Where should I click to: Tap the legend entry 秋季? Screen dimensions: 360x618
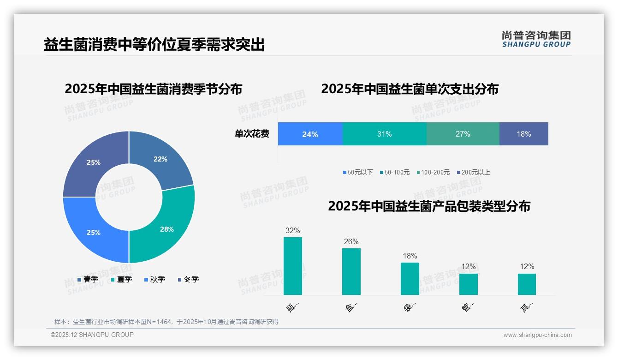tap(157, 279)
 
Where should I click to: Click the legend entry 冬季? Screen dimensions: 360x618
tap(191, 279)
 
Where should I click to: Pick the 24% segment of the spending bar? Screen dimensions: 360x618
tap(310, 134)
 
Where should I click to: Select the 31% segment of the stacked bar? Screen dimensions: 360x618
tap(384, 134)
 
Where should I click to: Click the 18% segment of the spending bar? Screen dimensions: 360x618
tap(523, 134)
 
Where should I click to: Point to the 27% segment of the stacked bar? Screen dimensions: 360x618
tap(463, 134)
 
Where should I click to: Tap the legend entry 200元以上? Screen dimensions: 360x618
tap(475, 172)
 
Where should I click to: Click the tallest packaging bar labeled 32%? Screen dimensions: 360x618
tap(292, 265)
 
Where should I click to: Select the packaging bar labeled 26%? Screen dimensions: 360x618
tap(351, 271)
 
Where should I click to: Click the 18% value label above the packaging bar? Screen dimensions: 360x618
tap(410, 256)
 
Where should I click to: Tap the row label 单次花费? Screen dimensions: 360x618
tap(252, 134)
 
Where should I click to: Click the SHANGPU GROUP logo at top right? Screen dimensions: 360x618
tap(536, 39)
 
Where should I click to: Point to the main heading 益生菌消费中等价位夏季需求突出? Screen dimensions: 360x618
tap(154, 45)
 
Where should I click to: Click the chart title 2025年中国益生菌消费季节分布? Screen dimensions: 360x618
tap(153, 89)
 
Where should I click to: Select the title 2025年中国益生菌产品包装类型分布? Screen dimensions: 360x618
tap(429, 206)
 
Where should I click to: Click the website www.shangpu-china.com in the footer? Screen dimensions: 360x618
tap(537, 335)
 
